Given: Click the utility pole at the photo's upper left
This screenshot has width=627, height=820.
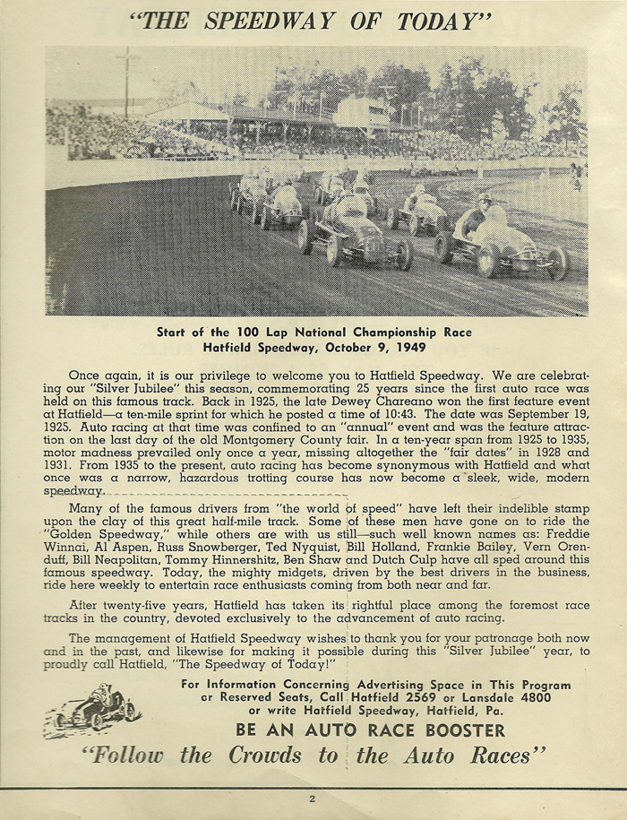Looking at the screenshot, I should pyautogui.click(x=128, y=85).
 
